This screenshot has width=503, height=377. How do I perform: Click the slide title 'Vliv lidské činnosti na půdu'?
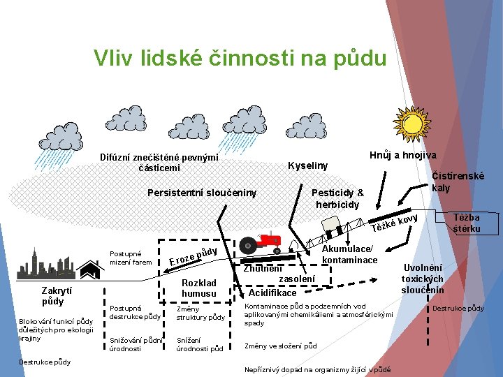tap(240, 58)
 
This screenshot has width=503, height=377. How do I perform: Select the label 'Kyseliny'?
tap(308, 165)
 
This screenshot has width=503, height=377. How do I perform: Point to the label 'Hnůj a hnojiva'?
tap(403, 155)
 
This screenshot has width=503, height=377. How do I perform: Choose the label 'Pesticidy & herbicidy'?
tap(337, 198)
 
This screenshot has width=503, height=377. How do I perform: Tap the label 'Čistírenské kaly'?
tap(458, 182)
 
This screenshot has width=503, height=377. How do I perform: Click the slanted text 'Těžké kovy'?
tap(395, 223)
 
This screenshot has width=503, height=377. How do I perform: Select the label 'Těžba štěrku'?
tap(467, 223)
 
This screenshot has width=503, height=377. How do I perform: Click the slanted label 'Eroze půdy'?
tap(194, 257)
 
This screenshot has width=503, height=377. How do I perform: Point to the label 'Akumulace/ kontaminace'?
tap(349, 255)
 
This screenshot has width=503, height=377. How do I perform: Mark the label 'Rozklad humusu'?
tap(199, 288)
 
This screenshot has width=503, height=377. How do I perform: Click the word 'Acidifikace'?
tap(272, 293)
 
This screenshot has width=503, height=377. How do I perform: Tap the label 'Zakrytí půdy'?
tap(52, 296)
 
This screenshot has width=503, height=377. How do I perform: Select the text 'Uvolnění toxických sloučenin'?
tap(422, 278)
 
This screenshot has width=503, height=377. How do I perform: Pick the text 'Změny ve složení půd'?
tap(280, 346)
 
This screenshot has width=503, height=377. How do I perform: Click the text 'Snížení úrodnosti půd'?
tap(200, 343)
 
